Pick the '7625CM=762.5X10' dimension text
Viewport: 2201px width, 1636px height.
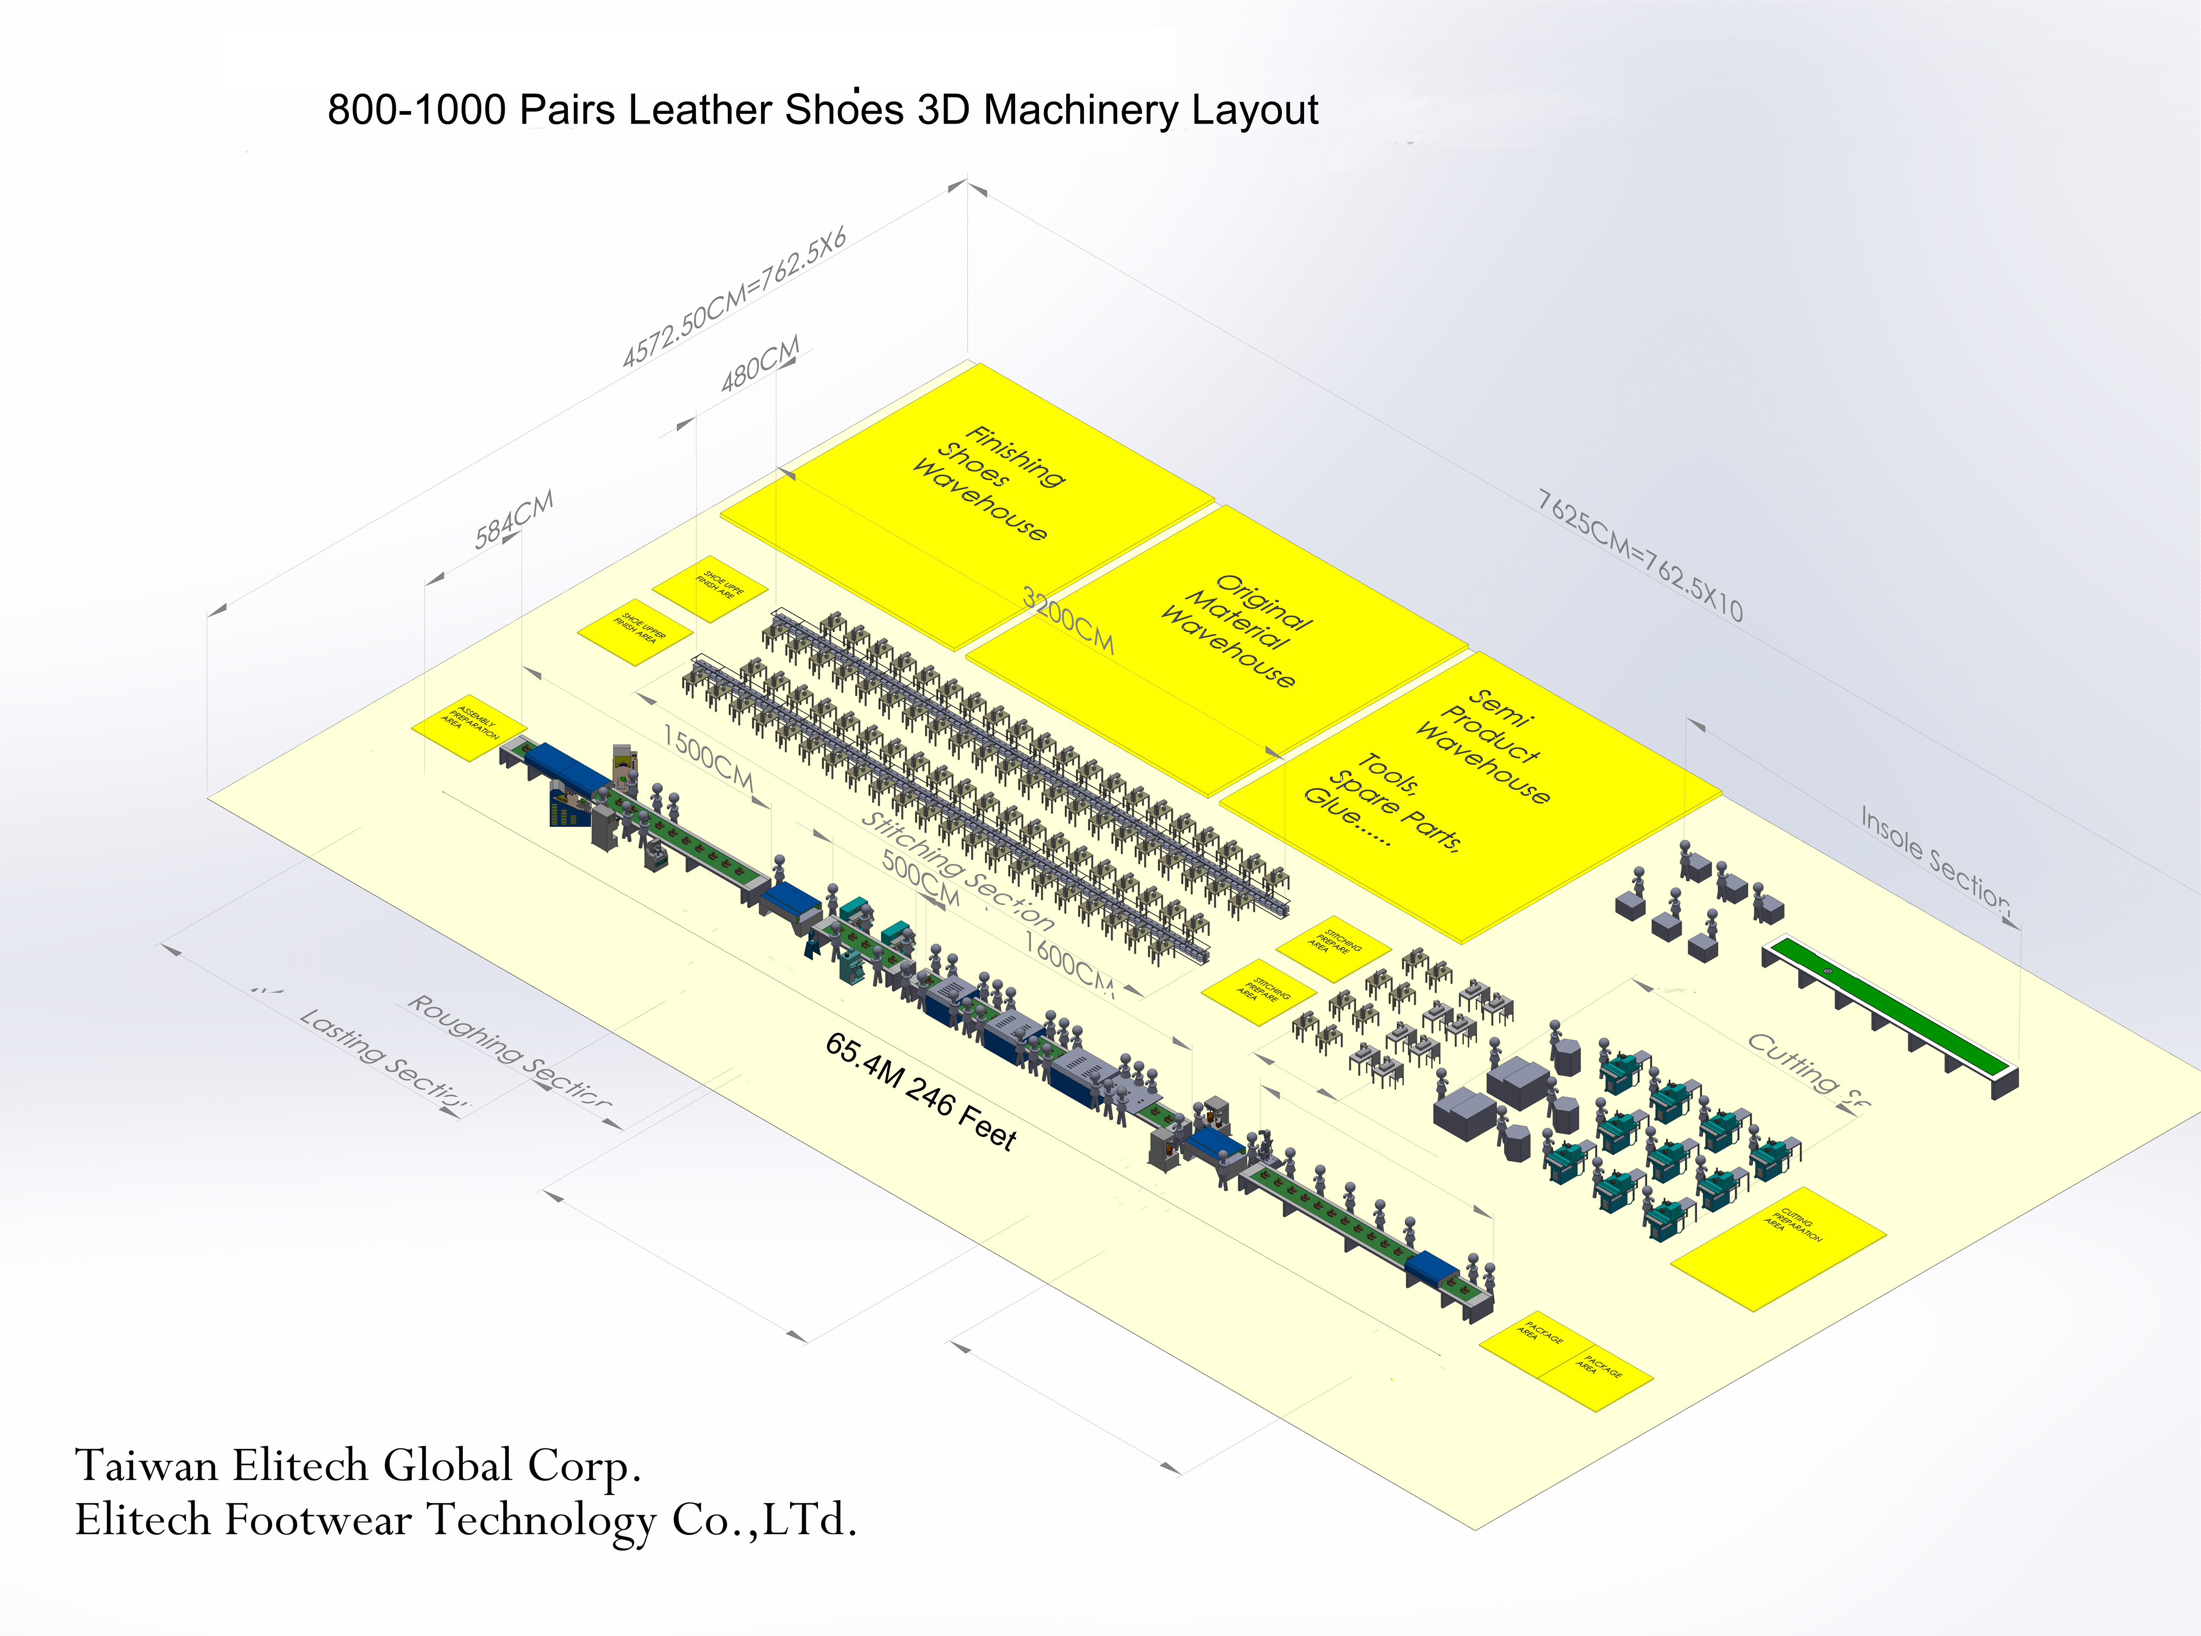(x=1640, y=554)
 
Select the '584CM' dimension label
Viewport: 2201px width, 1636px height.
(x=513, y=520)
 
